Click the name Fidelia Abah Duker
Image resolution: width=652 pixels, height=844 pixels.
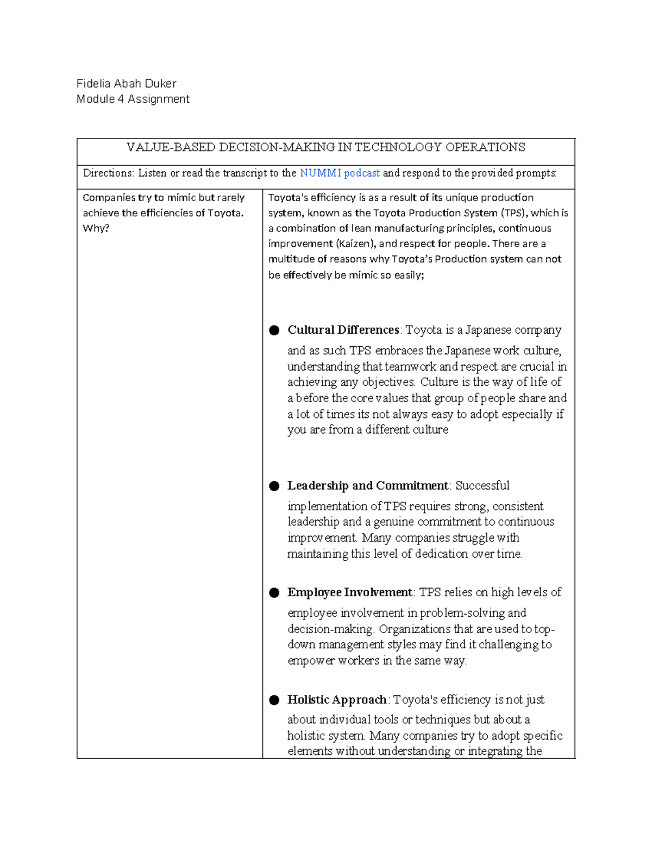[x=126, y=84]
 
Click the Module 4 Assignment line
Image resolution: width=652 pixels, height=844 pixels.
[x=133, y=99]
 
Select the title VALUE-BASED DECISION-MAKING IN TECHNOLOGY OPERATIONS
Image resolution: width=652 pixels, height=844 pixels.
[x=325, y=147]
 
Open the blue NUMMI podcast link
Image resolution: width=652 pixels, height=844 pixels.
[x=340, y=173]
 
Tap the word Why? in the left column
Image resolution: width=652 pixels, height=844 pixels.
[x=96, y=228]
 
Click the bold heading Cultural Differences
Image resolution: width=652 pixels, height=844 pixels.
[x=343, y=330]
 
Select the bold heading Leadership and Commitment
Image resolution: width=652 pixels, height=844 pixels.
[x=368, y=485]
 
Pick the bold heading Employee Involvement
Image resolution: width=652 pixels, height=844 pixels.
[x=350, y=592]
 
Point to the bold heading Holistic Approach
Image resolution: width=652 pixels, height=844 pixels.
[x=337, y=699]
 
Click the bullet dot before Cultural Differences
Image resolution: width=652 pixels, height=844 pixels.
[x=274, y=330]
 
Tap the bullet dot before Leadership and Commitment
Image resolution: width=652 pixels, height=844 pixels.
[x=274, y=486]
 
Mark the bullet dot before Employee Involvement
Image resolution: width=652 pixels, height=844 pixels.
[x=274, y=592]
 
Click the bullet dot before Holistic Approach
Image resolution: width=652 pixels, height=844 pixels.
[x=274, y=700]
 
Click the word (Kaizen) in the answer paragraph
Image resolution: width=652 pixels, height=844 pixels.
[x=353, y=243]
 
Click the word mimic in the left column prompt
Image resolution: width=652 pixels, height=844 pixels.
[x=181, y=198]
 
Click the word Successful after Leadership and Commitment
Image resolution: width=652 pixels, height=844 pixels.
[x=482, y=485]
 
